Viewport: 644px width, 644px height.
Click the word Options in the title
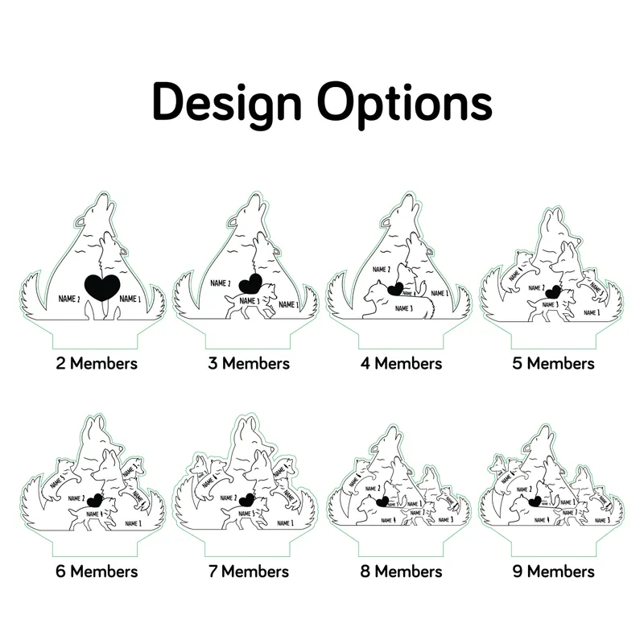click(403, 103)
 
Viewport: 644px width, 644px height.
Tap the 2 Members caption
click(97, 363)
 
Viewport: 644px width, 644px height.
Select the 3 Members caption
click(249, 363)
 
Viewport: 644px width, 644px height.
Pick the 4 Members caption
click(401, 363)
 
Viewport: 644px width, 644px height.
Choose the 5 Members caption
click(554, 363)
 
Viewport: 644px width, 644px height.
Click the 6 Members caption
click(97, 572)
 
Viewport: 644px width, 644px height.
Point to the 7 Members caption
click(249, 572)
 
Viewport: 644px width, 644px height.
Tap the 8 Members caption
click(401, 572)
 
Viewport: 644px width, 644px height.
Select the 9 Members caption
click(554, 572)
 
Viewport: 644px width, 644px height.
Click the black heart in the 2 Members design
click(101, 287)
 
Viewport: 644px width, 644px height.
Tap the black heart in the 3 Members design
click(250, 283)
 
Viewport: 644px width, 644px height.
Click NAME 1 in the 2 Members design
click(130, 299)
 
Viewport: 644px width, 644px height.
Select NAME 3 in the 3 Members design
click(248, 301)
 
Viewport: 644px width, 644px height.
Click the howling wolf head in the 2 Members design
click(98, 208)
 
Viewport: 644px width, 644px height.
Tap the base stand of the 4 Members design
click(401, 332)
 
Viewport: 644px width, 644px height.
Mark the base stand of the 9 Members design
click(554, 541)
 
